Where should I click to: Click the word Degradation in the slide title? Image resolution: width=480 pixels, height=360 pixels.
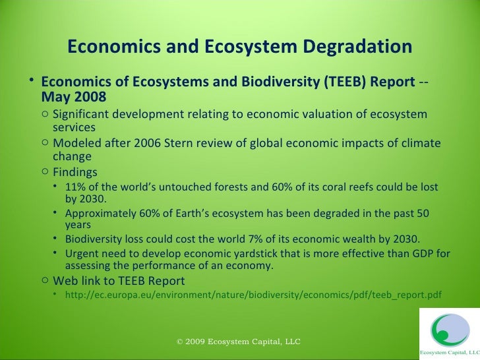point(350,47)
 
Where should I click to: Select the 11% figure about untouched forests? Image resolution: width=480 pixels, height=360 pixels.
point(75,187)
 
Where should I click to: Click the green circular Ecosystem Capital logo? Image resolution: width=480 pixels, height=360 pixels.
point(449,332)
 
